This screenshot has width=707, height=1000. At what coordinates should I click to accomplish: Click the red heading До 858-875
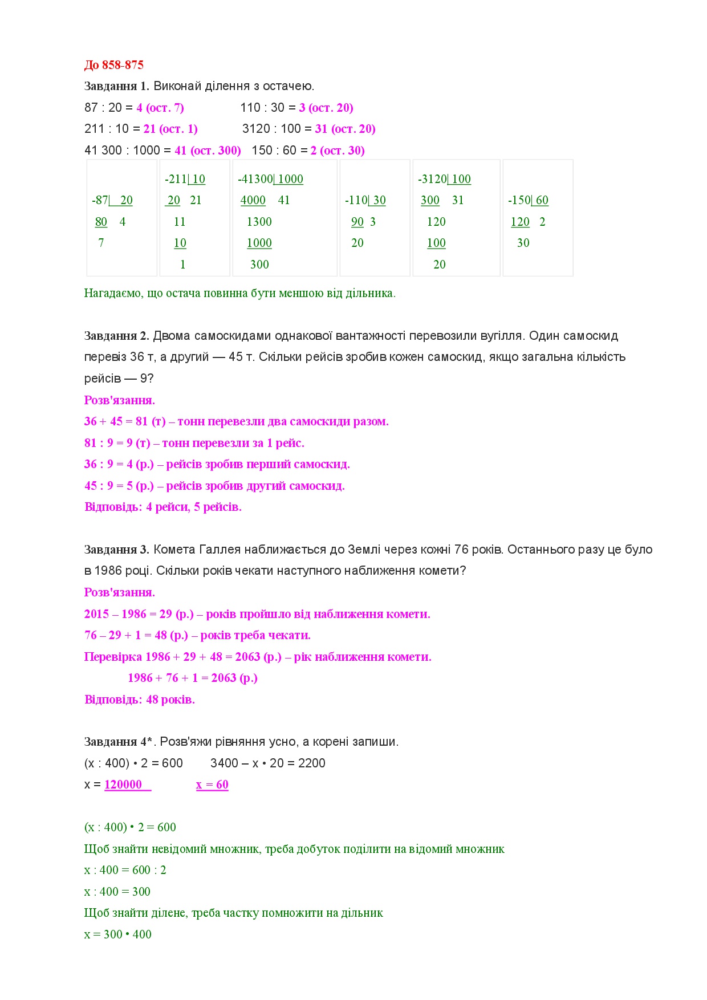point(113,65)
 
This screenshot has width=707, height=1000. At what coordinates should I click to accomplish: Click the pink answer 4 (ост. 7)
point(160,108)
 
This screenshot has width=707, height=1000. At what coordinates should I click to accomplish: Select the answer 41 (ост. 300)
point(208,151)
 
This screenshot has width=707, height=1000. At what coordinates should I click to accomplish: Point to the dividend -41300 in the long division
point(255,179)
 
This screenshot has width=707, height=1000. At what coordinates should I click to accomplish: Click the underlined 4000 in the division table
point(253,200)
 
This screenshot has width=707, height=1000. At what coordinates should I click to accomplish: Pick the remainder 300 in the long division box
point(259,265)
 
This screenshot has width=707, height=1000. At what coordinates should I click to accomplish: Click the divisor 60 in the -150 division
point(542,200)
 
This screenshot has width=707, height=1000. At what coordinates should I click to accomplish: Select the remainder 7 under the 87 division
point(101,243)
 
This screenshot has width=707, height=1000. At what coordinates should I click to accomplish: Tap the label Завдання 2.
point(116,336)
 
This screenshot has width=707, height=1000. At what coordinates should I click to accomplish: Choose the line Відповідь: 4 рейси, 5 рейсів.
point(162,507)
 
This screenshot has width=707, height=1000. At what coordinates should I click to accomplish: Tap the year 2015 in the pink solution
point(96,614)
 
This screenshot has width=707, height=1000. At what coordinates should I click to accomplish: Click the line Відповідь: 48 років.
point(139,700)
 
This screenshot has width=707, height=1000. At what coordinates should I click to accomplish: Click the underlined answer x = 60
point(212,785)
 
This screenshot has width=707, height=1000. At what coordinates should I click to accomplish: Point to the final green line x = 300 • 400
point(117,934)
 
